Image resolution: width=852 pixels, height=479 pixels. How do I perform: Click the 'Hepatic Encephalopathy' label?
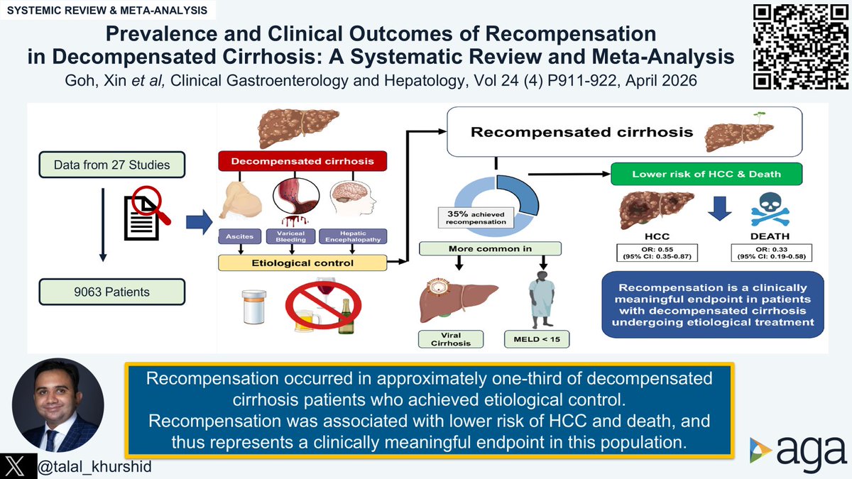353,236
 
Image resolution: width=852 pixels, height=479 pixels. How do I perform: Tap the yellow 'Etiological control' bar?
302,263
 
